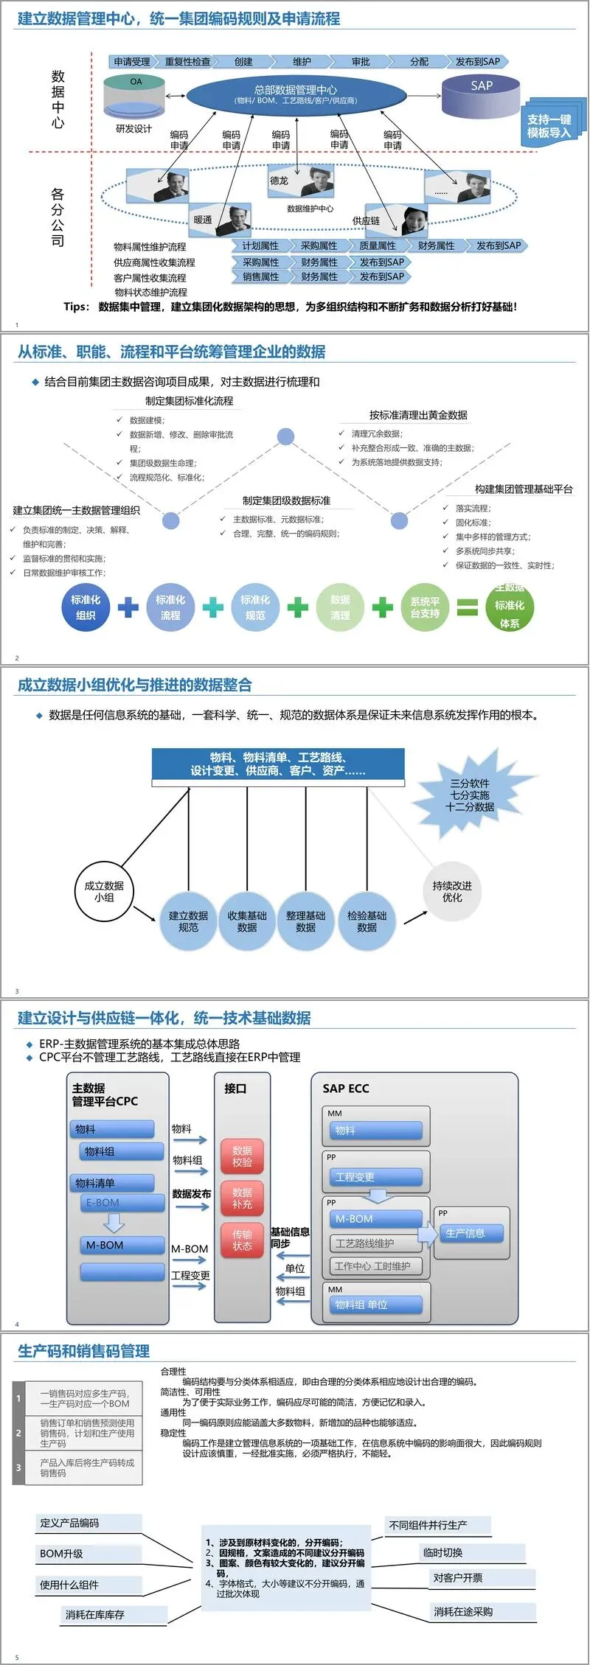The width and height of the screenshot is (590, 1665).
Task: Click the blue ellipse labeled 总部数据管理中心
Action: click(x=296, y=94)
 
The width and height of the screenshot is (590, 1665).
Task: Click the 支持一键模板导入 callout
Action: click(x=549, y=126)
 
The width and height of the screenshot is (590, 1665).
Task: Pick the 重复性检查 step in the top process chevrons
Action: click(x=188, y=62)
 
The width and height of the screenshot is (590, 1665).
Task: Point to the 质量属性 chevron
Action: click(x=378, y=245)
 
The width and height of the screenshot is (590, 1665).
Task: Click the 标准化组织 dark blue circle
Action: click(x=86, y=607)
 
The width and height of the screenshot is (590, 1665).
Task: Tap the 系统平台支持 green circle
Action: click(x=425, y=607)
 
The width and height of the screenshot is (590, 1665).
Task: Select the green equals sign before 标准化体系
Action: click(x=468, y=607)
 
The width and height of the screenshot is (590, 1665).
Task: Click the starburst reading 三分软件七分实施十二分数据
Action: click(x=470, y=795)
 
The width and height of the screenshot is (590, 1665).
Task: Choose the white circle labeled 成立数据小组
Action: click(x=104, y=891)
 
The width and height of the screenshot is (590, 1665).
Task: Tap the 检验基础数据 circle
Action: click(x=367, y=921)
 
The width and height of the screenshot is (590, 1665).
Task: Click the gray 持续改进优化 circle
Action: click(x=452, y=891)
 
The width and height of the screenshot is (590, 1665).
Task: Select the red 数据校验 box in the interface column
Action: click(x=242, y=1156)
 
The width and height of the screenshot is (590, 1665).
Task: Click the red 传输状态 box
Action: click(x=242, y=1240)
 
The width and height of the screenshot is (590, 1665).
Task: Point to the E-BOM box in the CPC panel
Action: click(x=123, y=1203)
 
